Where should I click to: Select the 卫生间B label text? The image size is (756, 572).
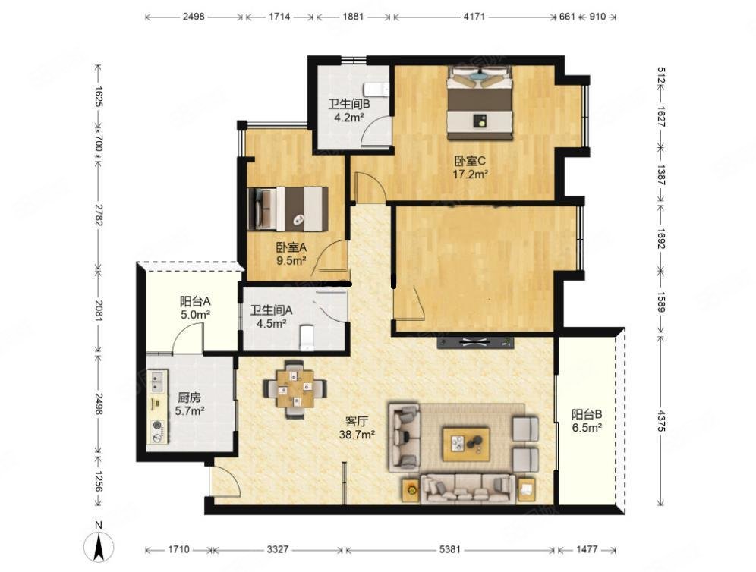click(349, 104)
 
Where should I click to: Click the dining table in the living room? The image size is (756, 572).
click(295, 389)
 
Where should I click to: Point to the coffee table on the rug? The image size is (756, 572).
click(466, 444)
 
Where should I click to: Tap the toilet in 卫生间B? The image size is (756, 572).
click(376, 89)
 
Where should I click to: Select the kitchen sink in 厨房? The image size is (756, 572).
click(157, 381)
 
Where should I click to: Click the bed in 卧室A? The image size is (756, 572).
click(288, 209)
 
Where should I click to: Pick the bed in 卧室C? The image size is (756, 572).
click(479, 103)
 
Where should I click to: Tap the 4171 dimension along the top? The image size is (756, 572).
click(474, 17)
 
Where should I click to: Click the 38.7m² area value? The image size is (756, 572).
click(357, 435)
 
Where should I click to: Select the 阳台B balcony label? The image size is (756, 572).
click(587, 414)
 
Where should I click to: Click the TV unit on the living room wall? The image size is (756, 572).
click(475, 343)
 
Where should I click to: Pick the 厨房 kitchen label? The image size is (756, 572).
click(189, 398)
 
